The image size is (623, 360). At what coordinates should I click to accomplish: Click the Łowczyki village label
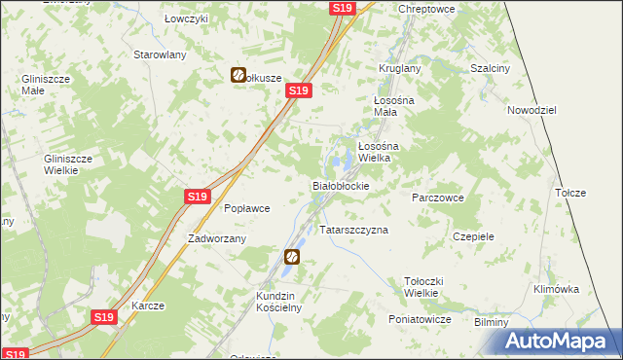coord(187,20)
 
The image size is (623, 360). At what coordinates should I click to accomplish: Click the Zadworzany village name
coord(217,237)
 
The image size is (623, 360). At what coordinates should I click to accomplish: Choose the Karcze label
coord(148,306)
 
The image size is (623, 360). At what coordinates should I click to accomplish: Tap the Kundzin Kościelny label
coord(280,301)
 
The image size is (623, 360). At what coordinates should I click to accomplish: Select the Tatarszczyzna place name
coord(354,231)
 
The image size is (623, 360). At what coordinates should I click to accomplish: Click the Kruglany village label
coord(399,68)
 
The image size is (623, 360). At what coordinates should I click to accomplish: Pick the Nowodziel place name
coord(531,110)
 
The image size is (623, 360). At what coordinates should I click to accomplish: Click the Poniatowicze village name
coord(420,319)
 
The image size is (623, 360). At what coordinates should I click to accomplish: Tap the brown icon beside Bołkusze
coord(238,75)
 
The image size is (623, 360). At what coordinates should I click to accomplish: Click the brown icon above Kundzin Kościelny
coord(292,257)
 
